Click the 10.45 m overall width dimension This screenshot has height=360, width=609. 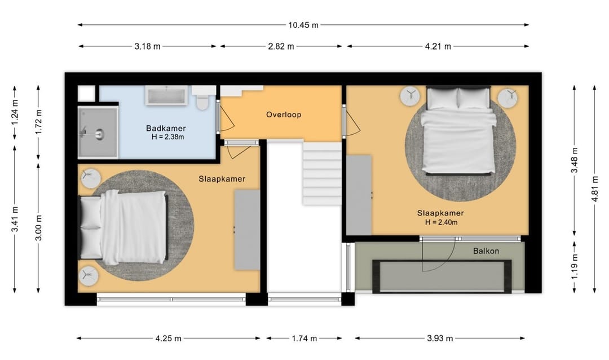pos(303,25)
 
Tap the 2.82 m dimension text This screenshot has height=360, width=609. pos(281,47)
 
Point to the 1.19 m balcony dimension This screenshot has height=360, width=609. pos(575,266)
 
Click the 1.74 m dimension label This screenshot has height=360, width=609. pos(304,339)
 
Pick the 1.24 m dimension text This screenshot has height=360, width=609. pos(15,112)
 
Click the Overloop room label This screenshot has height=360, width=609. pos(284,115)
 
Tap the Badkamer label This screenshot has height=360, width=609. pos(166,128)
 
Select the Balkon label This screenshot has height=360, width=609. pos(486,251)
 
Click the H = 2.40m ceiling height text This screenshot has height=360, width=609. pos(441,222)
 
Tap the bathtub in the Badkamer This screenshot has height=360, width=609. pos(166,95)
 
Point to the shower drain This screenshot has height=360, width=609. pos(99,134)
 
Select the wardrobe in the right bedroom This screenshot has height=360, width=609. pos(359,195)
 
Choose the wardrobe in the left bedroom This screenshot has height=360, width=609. pos(247,230)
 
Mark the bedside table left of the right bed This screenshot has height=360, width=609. pos(410,96)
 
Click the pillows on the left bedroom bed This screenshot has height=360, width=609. pos(90,228)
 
